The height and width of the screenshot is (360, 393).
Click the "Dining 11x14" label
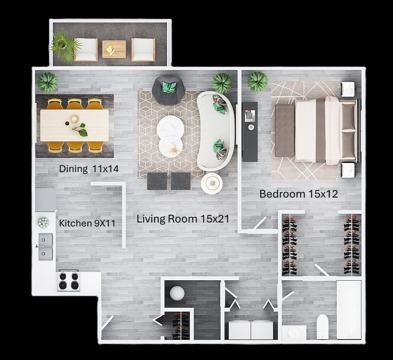[88, 169]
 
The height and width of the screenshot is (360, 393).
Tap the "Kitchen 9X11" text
[87, 223]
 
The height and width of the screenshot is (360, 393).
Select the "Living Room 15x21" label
[183, 219]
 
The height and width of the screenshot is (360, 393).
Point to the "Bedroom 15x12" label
[299, 194]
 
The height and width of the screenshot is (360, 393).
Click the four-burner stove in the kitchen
[69, 281]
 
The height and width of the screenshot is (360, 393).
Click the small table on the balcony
[114, 49]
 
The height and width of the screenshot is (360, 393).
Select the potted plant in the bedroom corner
[258, 81]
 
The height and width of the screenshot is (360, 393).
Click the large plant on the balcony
[64, 45]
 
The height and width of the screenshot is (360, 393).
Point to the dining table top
[74, 125]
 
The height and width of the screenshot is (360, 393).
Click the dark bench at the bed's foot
[284, 130]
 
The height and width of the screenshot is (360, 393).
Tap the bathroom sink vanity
[294, 332]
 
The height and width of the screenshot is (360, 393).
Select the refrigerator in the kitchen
[45, 200]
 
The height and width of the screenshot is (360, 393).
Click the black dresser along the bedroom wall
[250, 131]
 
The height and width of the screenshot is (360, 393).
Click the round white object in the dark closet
[177, 293]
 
